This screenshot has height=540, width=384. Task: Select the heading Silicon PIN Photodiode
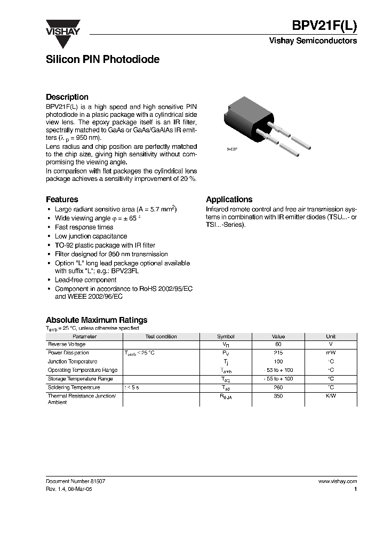[102, 60]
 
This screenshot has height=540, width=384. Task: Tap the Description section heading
[67, 97]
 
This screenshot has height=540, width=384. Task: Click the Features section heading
[62, 200]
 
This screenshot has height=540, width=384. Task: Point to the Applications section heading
[229, 200]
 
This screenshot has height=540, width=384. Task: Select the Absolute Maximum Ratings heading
[96, 321]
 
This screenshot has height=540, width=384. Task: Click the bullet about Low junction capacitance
[91, 236]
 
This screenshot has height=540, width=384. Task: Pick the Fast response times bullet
[84, 227]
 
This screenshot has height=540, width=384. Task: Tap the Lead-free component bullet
[85, 280]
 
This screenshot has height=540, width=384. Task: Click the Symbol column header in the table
[226, 337]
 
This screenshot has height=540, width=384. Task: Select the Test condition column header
[161, 337]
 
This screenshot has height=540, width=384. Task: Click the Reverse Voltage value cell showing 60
[278, 345]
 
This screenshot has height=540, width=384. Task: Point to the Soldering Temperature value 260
[278, 387]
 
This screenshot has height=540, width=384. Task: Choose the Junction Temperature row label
[73, 362]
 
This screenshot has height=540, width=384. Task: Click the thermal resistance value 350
[278, 396]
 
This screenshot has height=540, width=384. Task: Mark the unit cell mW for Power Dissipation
[331, 353]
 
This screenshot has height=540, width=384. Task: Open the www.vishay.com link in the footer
[337, 481]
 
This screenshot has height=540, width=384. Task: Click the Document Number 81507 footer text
[75, 481]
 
